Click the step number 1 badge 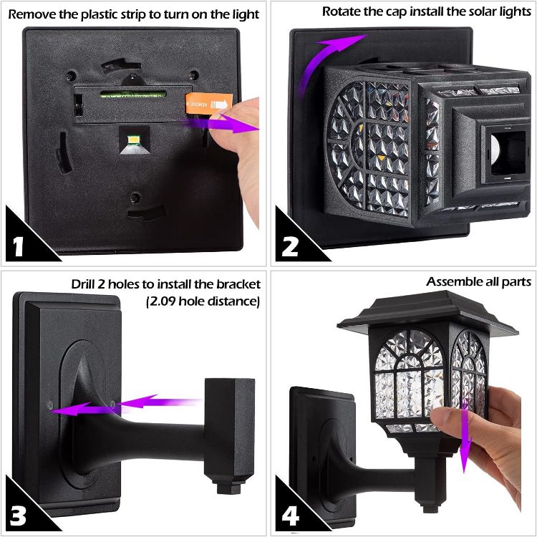click(x=20, y=246)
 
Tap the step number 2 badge click(x=289, y=246)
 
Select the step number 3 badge click(x=20, y=515)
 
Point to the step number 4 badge click(x=289, y=515)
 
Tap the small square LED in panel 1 click(x=133, y=137)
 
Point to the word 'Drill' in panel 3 click(x=86, y=283)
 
